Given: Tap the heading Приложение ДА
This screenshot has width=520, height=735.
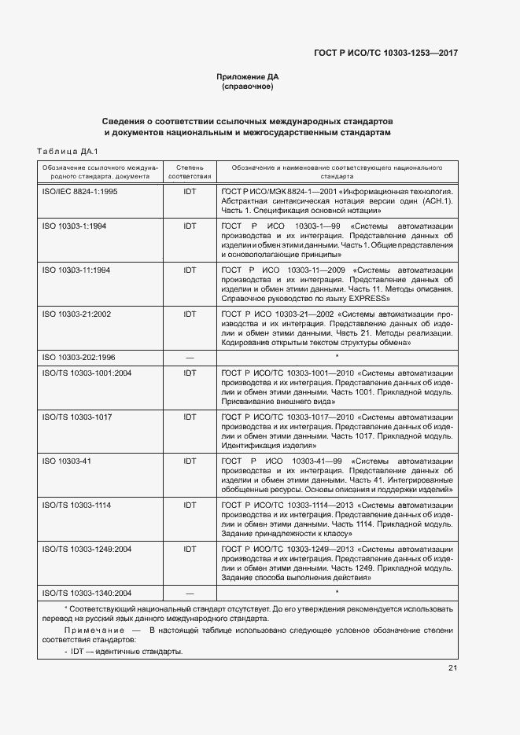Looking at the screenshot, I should [248, 76].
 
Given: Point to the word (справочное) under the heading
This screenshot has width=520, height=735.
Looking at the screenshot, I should [248, 86].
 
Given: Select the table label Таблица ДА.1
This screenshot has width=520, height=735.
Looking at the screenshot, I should [67, 151].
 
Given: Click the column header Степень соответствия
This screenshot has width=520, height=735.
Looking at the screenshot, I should [190, 172].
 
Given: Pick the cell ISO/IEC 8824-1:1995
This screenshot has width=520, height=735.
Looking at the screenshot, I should [79, 191].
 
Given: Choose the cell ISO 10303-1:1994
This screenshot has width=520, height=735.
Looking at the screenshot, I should [75, 226].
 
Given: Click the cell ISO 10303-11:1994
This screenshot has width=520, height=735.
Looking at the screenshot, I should [76, 270].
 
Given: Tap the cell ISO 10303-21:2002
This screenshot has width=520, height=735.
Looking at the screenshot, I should [76, 314].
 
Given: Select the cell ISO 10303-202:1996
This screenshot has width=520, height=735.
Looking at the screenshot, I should [79, 357].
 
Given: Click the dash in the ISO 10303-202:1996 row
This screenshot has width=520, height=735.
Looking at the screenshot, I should [190, 357].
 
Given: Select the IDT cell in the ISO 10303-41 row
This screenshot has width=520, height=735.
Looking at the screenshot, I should [190, 460].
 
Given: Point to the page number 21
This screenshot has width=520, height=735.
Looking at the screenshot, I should [453, 668].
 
